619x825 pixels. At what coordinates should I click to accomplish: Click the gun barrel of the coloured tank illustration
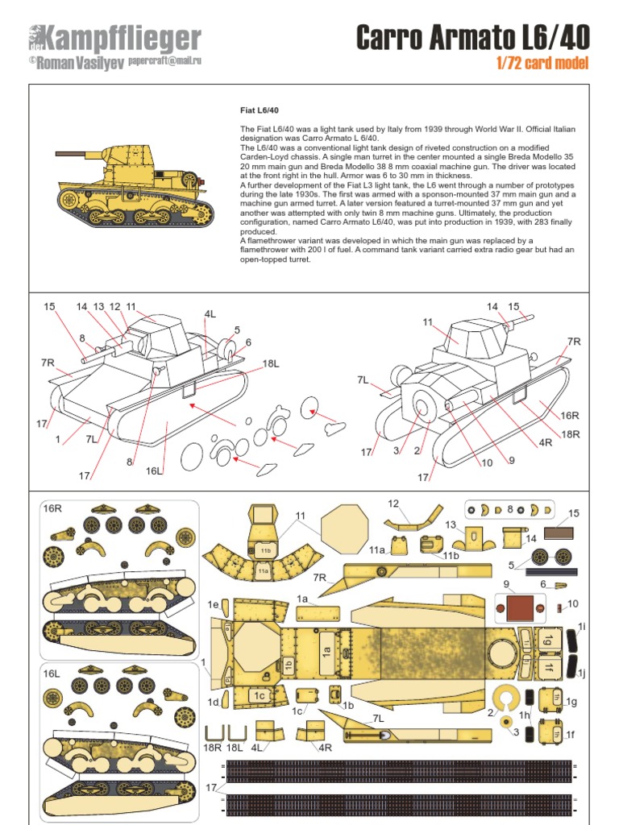pos(73,153)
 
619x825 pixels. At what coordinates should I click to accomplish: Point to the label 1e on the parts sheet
pos(213,603)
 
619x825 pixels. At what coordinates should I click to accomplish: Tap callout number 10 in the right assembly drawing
pos(487,462)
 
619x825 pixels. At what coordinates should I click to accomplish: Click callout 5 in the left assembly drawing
pos(237,330)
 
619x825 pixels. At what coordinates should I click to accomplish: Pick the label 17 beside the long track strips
pos(211,788)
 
